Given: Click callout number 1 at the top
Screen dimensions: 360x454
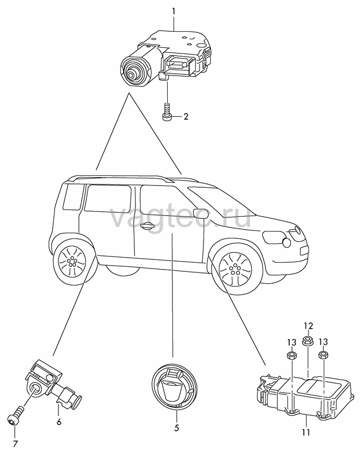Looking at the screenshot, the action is coord(174,11).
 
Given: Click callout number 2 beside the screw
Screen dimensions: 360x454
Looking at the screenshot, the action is coord(185,117).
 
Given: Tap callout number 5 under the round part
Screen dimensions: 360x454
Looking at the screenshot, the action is coord(177,428).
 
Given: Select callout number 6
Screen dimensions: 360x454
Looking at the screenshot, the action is coord(59,422).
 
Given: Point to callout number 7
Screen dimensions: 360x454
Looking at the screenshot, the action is coord(15,444).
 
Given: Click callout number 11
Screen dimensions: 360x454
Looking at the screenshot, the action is coord(306,432).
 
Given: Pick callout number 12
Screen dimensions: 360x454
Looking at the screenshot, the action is coord(308,326).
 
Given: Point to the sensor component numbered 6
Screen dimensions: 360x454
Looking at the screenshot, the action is coord(54,386).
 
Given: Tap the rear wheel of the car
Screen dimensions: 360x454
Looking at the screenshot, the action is coord(71,260).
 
